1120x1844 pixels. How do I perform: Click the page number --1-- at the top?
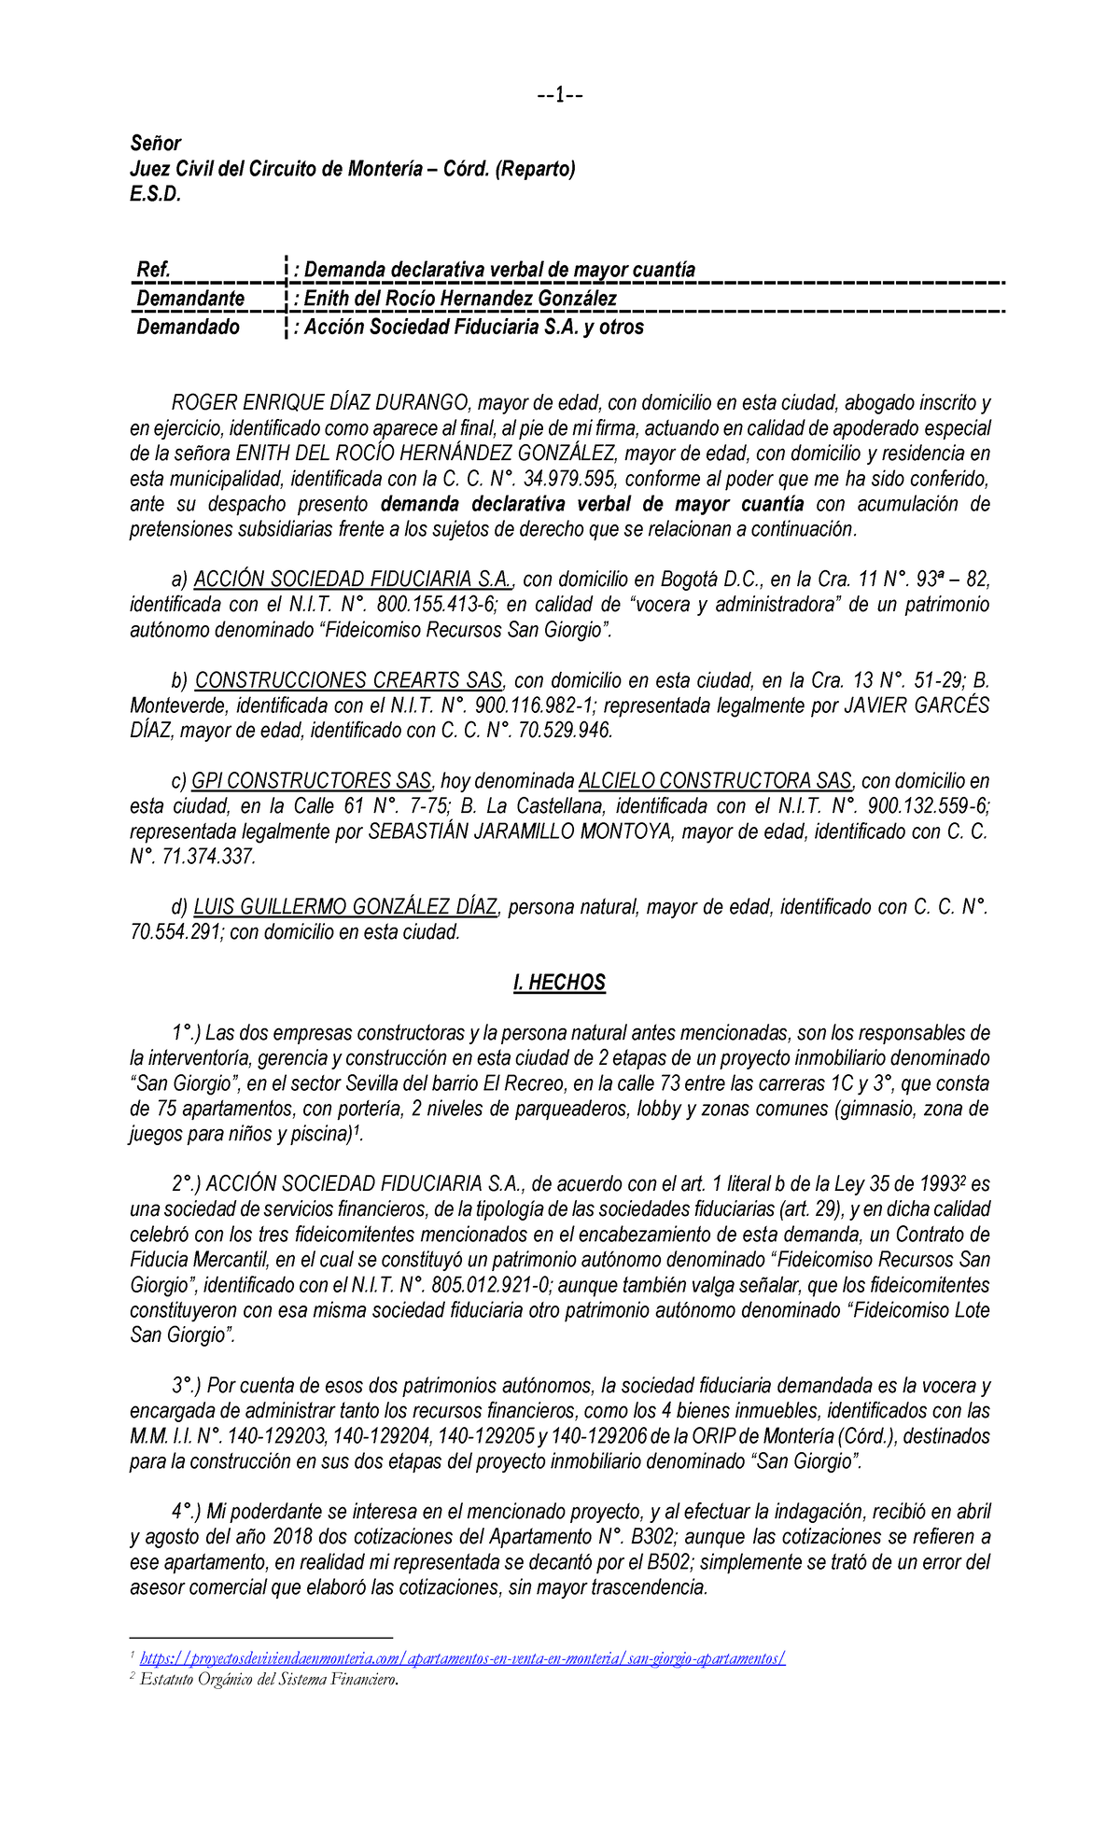coord(560,95)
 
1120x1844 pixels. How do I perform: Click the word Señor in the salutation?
coord(155,143)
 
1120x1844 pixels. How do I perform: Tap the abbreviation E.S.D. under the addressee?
coord(155,194)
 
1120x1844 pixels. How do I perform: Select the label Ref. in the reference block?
coord(154,270)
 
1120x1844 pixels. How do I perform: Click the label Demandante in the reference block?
coord(190,299)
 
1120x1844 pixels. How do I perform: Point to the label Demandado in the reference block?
coord(188,327)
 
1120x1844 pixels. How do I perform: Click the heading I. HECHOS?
coord(559,983)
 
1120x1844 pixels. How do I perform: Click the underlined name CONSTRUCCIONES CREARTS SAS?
coord(348,680)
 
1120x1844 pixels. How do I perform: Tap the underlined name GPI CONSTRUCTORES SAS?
coord(311,781)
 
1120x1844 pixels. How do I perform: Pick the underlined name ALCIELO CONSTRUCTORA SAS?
coord(715,781)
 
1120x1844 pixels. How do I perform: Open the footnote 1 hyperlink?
coord(462,1658)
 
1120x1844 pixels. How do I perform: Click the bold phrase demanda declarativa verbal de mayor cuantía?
coord(593,504)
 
